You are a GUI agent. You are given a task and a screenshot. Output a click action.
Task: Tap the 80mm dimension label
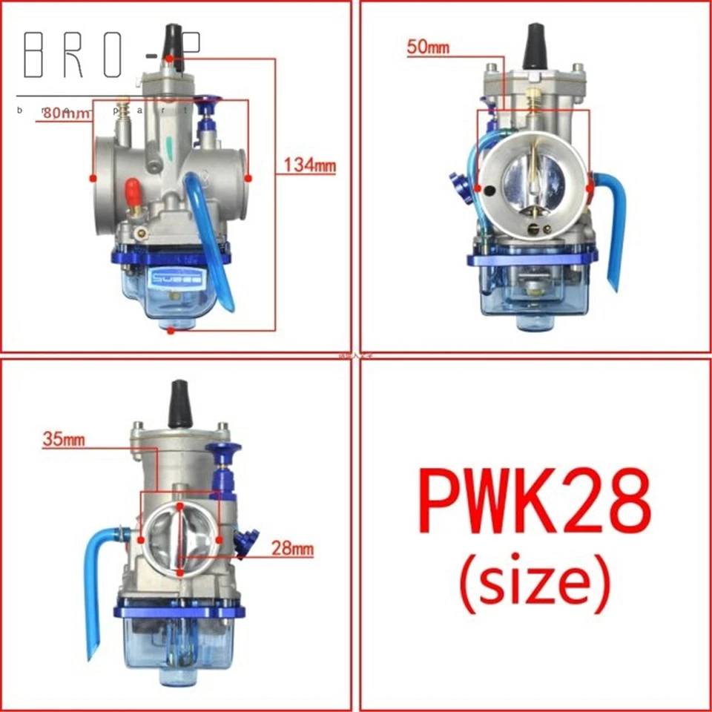coord(65,113)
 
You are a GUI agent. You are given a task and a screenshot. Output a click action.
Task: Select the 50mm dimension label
coord(428,49)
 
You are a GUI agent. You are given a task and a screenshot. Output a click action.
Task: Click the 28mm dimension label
coord(291,550)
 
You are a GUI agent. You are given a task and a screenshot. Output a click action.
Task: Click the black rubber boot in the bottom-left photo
coord(179,404)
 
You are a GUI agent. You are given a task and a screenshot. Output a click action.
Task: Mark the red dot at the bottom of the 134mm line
coord(171,331)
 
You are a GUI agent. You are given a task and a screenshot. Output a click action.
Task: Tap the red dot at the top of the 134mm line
coord(171,58)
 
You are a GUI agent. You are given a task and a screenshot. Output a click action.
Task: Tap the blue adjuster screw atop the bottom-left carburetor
coord(221,454)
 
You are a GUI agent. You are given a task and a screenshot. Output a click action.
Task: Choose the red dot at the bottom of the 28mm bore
coord(181,573)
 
